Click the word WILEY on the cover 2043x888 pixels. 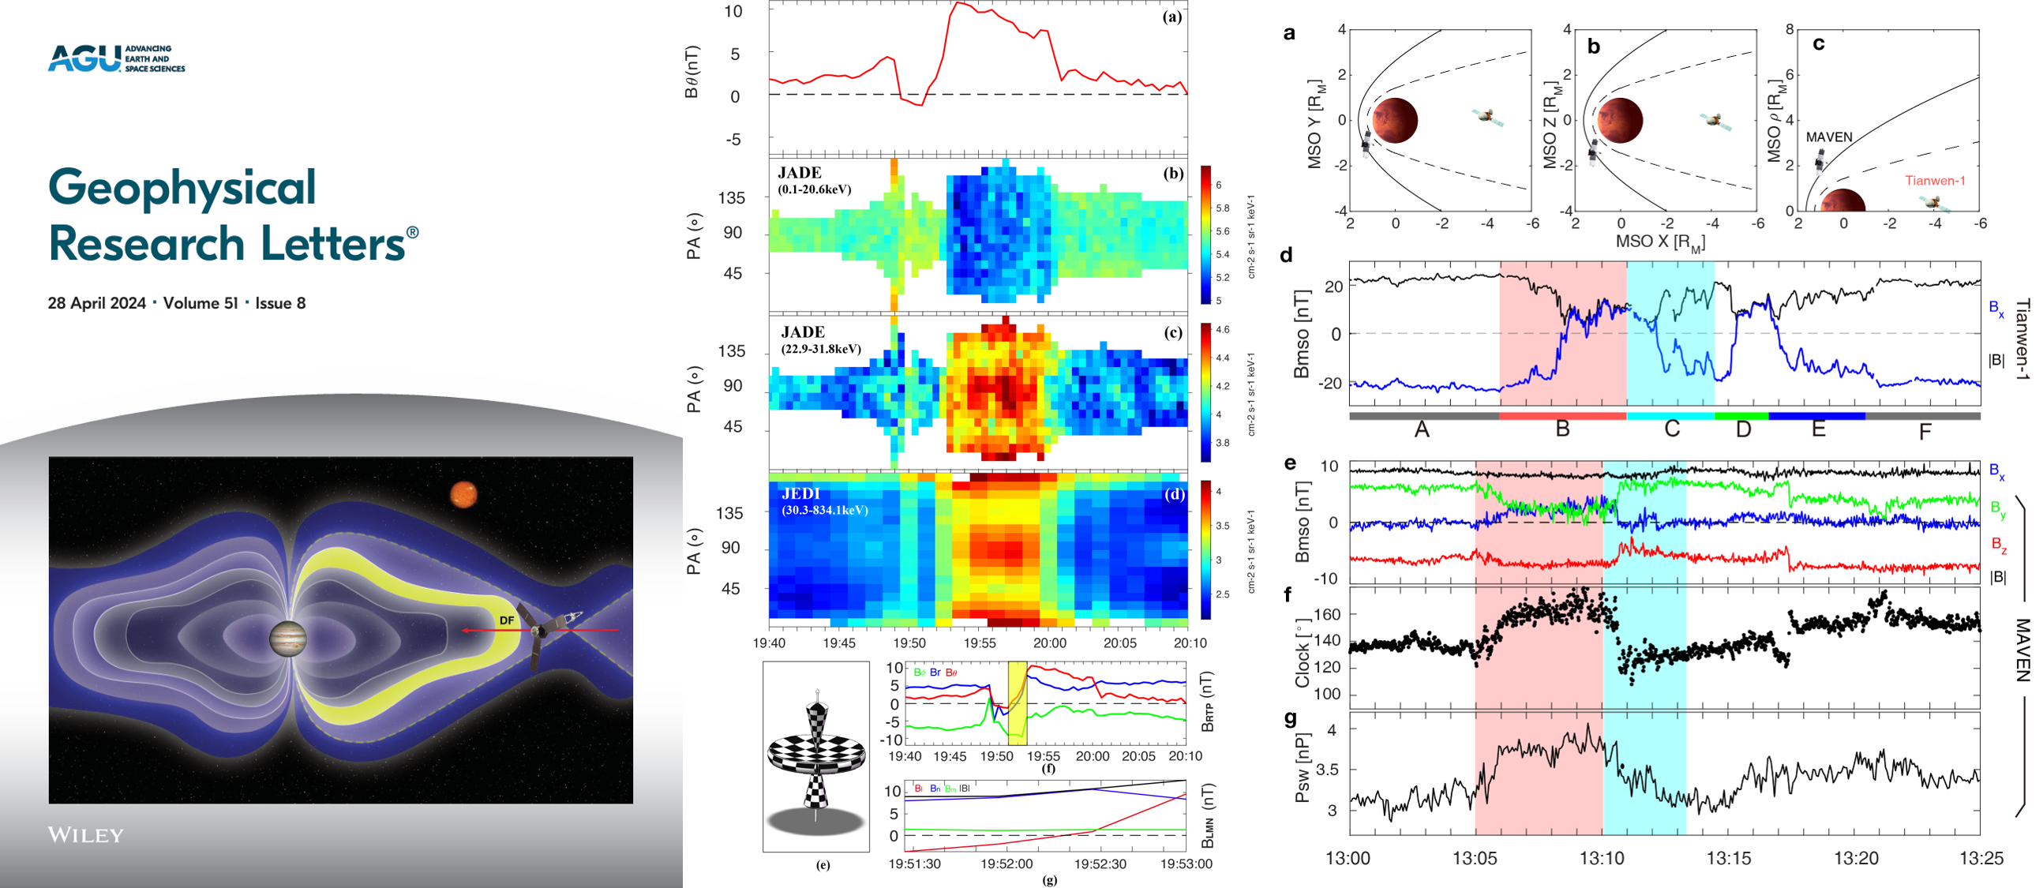pos(86,835)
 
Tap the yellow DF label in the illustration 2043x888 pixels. pos(506,620)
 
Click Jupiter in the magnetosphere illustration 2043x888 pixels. pos(288,639)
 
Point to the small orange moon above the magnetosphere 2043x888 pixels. pos(463,495)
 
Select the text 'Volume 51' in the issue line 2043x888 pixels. pos(200,304)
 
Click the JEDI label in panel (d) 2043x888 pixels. pos(800,494)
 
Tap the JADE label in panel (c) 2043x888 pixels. pos(803,332)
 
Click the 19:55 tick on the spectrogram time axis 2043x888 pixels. pos(980,643)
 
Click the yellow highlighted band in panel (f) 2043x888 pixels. pos(1018,703)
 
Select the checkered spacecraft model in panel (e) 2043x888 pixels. pos(816,757)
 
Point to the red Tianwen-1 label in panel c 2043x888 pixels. pos(1935,181)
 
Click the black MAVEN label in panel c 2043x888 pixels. pos(1829,137)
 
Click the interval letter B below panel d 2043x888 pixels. pos(1562,429)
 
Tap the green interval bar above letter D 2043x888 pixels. pos(1741,416)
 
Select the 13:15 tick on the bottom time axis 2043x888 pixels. pos(1728,858)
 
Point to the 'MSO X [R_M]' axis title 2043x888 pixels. pos(1660,242)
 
